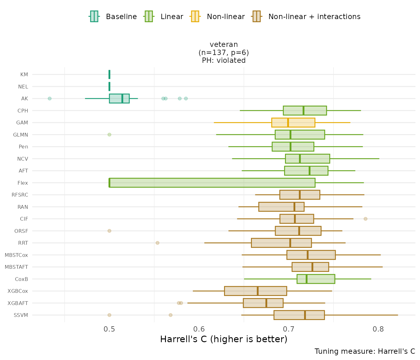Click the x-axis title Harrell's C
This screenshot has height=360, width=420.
(x=223, y=339)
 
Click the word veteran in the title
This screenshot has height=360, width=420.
(x=224, y=44)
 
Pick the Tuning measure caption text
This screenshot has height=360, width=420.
(x=365, y=351)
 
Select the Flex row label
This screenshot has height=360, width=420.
(x=23, y=183)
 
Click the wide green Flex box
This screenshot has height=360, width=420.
(x=212, y=183)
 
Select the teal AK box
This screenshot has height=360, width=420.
(x=119, y=98)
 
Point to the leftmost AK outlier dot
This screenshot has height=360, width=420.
(x=50, y=98)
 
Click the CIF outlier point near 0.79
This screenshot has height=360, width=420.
(x=366, y=219)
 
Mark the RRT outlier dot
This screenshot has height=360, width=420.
(x=157, y=243)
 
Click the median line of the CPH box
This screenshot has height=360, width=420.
(x=303, y=111)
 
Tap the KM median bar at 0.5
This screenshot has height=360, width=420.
(x=109, y=74)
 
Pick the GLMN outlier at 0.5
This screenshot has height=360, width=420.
(x=109, y=135)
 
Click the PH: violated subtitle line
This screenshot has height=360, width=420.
(x=224, y=61)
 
